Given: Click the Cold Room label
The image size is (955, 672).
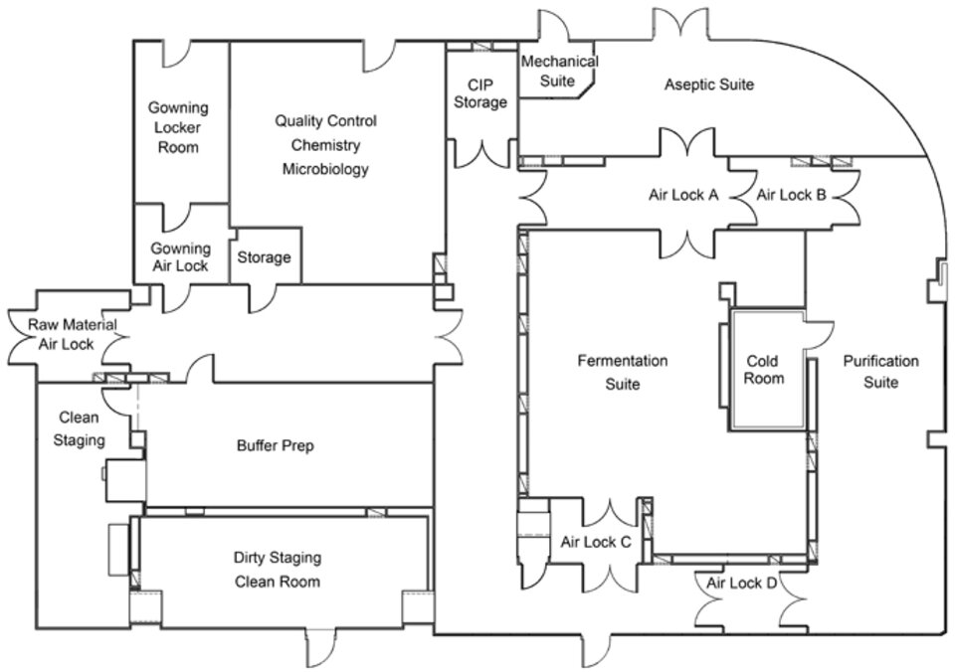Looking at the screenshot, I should coord(764,370).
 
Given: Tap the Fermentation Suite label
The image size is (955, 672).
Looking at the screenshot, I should coord(623,372).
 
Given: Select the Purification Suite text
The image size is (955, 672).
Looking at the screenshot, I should coord(880,371).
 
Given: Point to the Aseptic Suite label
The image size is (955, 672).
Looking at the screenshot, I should coord(708,84).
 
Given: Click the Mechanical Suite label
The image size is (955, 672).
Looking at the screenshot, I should coord(559,71).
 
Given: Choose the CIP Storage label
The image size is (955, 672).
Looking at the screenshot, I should coord(479,92).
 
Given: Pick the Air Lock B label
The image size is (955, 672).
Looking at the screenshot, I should coord(792,195).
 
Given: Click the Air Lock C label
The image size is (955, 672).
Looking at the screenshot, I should coord(596,542).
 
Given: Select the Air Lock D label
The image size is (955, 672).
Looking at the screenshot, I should coord(742,583).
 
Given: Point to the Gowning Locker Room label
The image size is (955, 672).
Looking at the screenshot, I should coord(178,127).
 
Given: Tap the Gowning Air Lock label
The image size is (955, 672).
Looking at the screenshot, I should coord(180,256).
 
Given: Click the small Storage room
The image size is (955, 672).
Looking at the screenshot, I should coord(264,257).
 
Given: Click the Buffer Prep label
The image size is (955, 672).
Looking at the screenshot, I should coord(275,446).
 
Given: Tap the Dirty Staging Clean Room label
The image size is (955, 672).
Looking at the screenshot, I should coord(277,570).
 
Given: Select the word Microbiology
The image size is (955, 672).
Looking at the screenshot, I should coord(325,169).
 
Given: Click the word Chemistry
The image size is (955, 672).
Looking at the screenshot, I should coord(325,145).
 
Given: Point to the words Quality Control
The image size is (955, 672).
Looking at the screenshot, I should coord(325,121).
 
